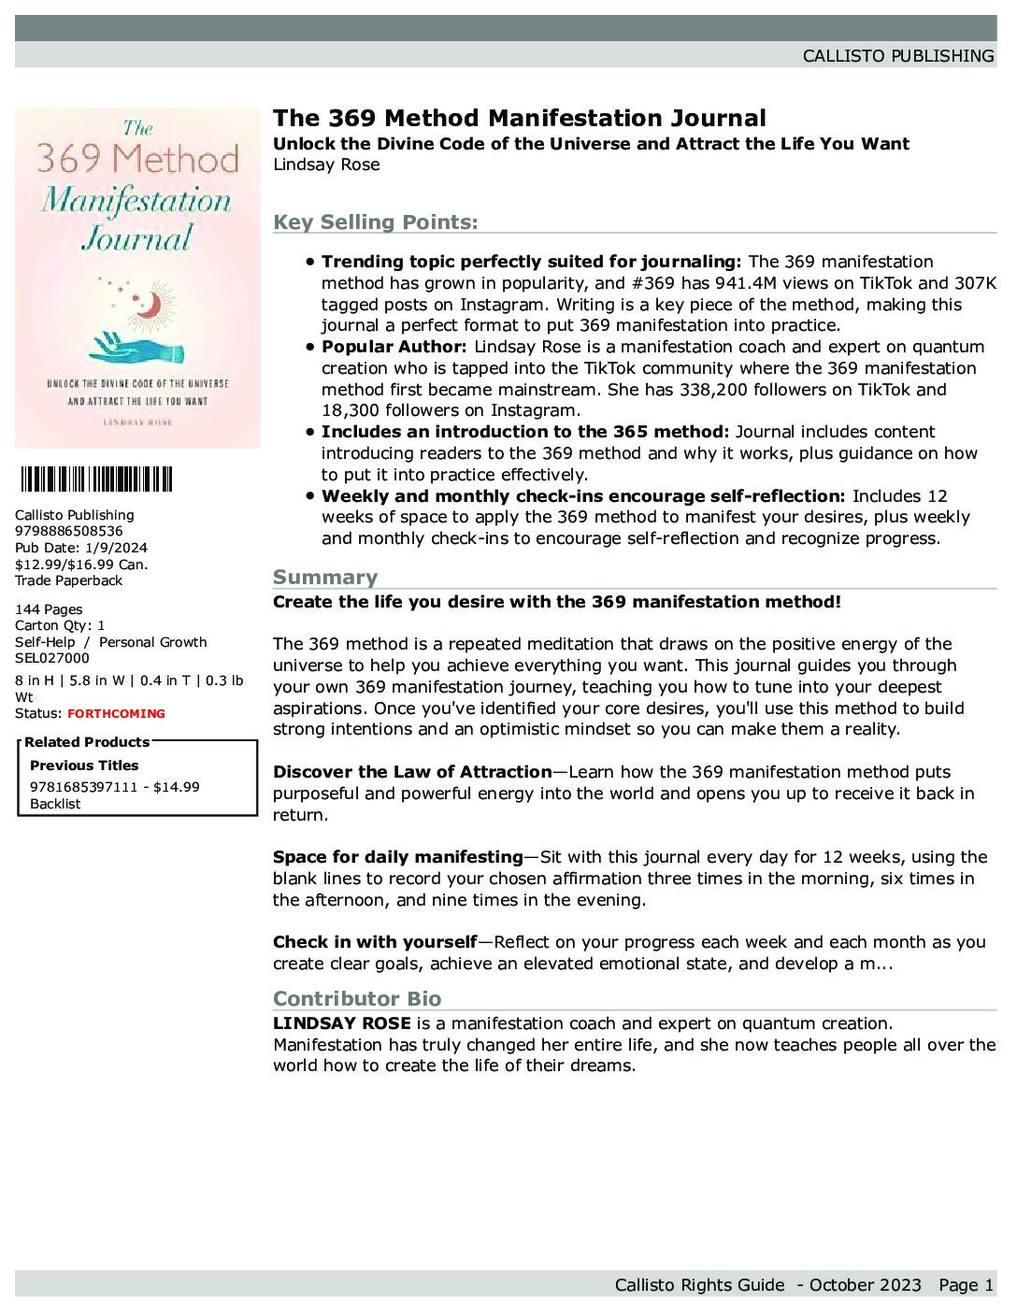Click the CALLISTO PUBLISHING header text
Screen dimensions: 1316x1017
(x=897, y=56)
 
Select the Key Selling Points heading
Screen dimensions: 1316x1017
(x=375, y=222)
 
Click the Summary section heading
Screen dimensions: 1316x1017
(x=325, y=577)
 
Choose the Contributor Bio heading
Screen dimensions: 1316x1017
(x=357, y=998)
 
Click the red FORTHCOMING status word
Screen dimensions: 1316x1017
(x=116, y=714)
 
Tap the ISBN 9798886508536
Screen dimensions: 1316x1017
(x=68, y=531)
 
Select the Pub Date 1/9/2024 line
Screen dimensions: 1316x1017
(x=81, y=548)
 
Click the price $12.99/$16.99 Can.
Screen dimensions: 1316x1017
(x=81, y=564)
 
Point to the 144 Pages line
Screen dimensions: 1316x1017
(x=49, y=609)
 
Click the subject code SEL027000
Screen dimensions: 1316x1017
(x=52, y=658)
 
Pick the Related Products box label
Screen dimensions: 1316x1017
(x=87, y=742)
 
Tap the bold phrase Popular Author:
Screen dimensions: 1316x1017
(x=394, y=347)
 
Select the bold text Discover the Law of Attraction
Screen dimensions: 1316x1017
(x=412, y=772)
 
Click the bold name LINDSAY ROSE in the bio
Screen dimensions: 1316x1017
(x=341, y=1023)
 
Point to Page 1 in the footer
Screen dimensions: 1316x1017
(x=966, y=1285)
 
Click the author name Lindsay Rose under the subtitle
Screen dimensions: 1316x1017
(x=326, y=164)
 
